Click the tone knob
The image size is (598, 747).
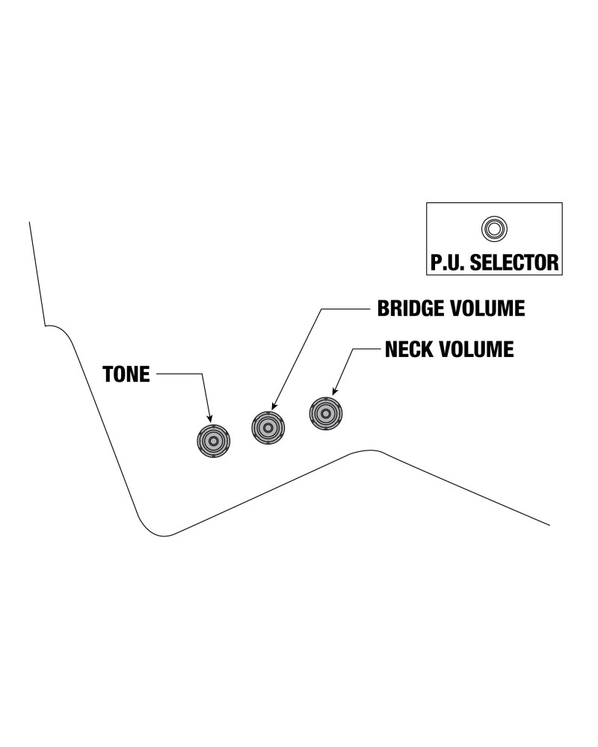(x=213, y=441)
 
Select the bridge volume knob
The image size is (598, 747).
(x=268, y=428)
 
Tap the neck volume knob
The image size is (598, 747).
(x=325, y=413)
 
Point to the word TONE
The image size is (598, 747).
(x=126, y=374)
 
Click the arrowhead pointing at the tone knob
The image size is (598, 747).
(x=210, y=419)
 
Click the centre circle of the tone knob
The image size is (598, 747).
(x=213, y=441)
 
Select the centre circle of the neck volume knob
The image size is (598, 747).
(x=325, y=413)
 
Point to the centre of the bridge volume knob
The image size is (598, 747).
(x=268, y=428)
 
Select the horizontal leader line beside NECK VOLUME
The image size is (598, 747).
(x=366, y=349)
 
